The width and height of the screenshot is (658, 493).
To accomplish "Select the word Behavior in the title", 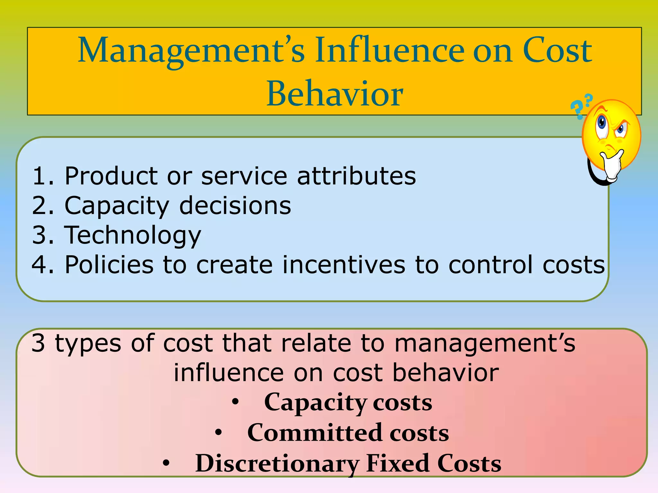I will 334,94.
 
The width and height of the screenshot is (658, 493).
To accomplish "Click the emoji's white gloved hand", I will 612,165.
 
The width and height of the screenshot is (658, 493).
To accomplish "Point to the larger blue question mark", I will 577,109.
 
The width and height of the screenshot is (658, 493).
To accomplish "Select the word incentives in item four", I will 344,264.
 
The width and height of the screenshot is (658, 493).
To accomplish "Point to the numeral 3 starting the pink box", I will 38,343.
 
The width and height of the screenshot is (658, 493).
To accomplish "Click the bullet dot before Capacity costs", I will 236,402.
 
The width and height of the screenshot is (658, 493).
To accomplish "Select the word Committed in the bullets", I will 315,433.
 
